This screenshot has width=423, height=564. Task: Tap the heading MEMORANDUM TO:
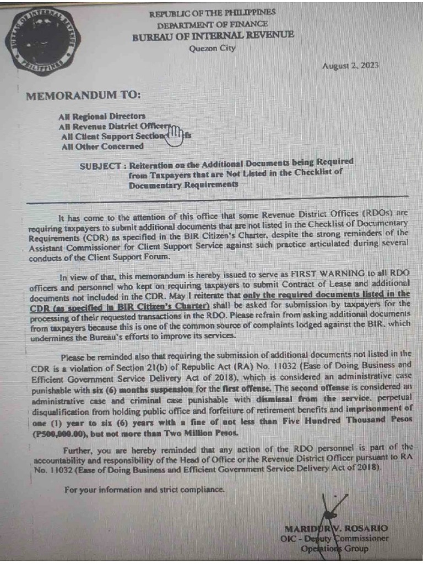[83, 95]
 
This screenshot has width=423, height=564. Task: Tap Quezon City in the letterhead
[212, 48]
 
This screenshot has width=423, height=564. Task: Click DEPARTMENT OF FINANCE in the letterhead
[213, 24]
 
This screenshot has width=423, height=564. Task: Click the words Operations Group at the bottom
[334, 549]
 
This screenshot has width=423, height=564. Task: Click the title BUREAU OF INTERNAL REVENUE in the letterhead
[213, 35]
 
